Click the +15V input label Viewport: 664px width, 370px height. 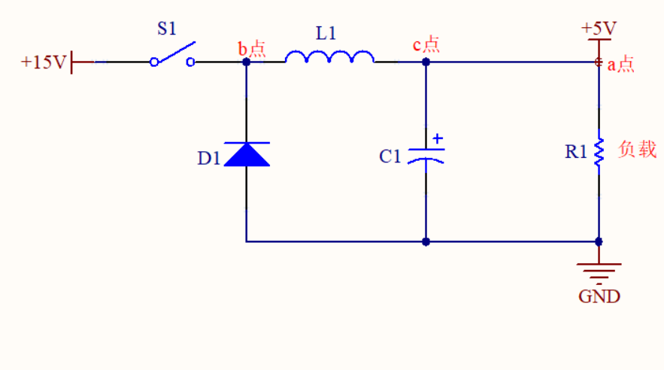coord(44,62)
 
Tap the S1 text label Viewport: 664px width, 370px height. coord(166,29)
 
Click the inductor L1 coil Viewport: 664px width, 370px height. coord(329,57)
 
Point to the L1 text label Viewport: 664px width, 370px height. coord(326,33)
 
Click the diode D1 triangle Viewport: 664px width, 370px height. coord(247,154)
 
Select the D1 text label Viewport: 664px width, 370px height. coord(209,159)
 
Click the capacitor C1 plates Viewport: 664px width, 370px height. coord(426,156)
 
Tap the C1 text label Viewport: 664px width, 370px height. coord(390,156)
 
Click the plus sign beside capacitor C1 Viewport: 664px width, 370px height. coord(438,138)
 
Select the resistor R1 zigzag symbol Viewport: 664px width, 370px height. coord(599,153)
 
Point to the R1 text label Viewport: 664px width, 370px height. coord(576,152)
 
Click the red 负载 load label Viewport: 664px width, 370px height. coord(638,150)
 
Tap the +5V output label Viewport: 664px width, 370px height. coord(599,29)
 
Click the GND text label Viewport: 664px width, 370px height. coord(599,296)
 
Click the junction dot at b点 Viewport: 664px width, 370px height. coord(247,62)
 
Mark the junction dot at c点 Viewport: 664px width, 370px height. coord(426,62)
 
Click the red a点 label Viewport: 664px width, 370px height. coord(621,65)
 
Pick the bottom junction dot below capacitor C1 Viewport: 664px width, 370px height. coord(426,241)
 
